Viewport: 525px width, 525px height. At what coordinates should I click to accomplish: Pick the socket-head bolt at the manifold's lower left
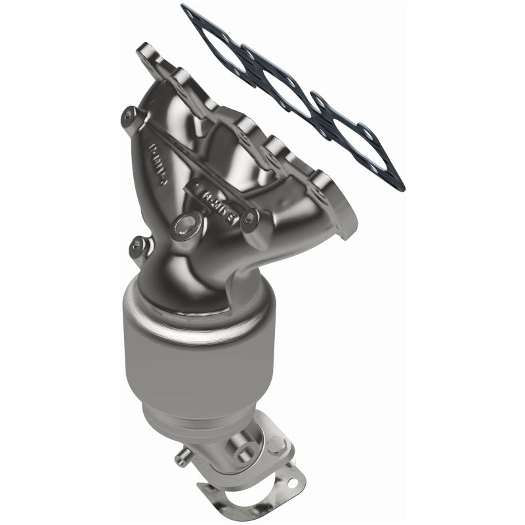(x=136, y=244)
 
